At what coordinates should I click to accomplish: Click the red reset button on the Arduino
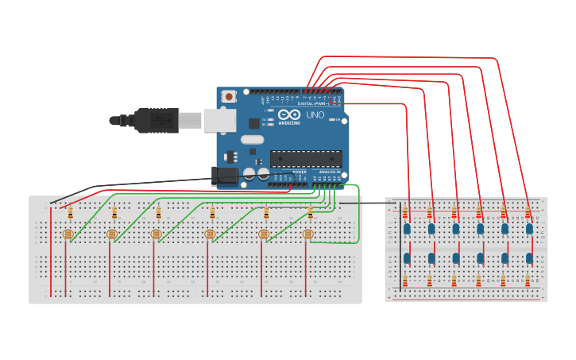[x=229, y=96]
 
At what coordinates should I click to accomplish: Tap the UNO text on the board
[x=315, y=116]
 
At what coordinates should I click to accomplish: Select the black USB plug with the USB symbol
[x=156, y=120]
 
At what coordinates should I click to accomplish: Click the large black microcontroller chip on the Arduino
[x=306, y=158]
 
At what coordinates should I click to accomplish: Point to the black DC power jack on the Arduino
[x=225, y=176]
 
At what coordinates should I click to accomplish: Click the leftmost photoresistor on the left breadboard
[x=68, y=234]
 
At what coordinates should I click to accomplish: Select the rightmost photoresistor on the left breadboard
[x=308, y=234]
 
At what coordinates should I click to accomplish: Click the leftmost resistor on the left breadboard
[x=70, y=212]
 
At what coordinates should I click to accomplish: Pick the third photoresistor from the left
[x=156, y=234]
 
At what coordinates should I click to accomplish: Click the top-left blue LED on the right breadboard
[x=407, y=229]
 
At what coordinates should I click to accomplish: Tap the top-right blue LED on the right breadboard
[x=529, y=229]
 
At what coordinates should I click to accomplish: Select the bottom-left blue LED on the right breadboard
[x=407, y=258]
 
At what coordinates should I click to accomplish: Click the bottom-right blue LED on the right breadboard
[x=529, y=258]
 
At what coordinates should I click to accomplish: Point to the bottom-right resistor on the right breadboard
[x=528, y=281]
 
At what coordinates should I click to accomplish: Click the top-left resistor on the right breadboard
[x=405, y=212]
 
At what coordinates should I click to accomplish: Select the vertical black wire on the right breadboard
[x=400, y=246]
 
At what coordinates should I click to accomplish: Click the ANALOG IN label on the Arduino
[x=329, y=172]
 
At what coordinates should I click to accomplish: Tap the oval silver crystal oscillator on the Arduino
[x=252, y=140]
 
